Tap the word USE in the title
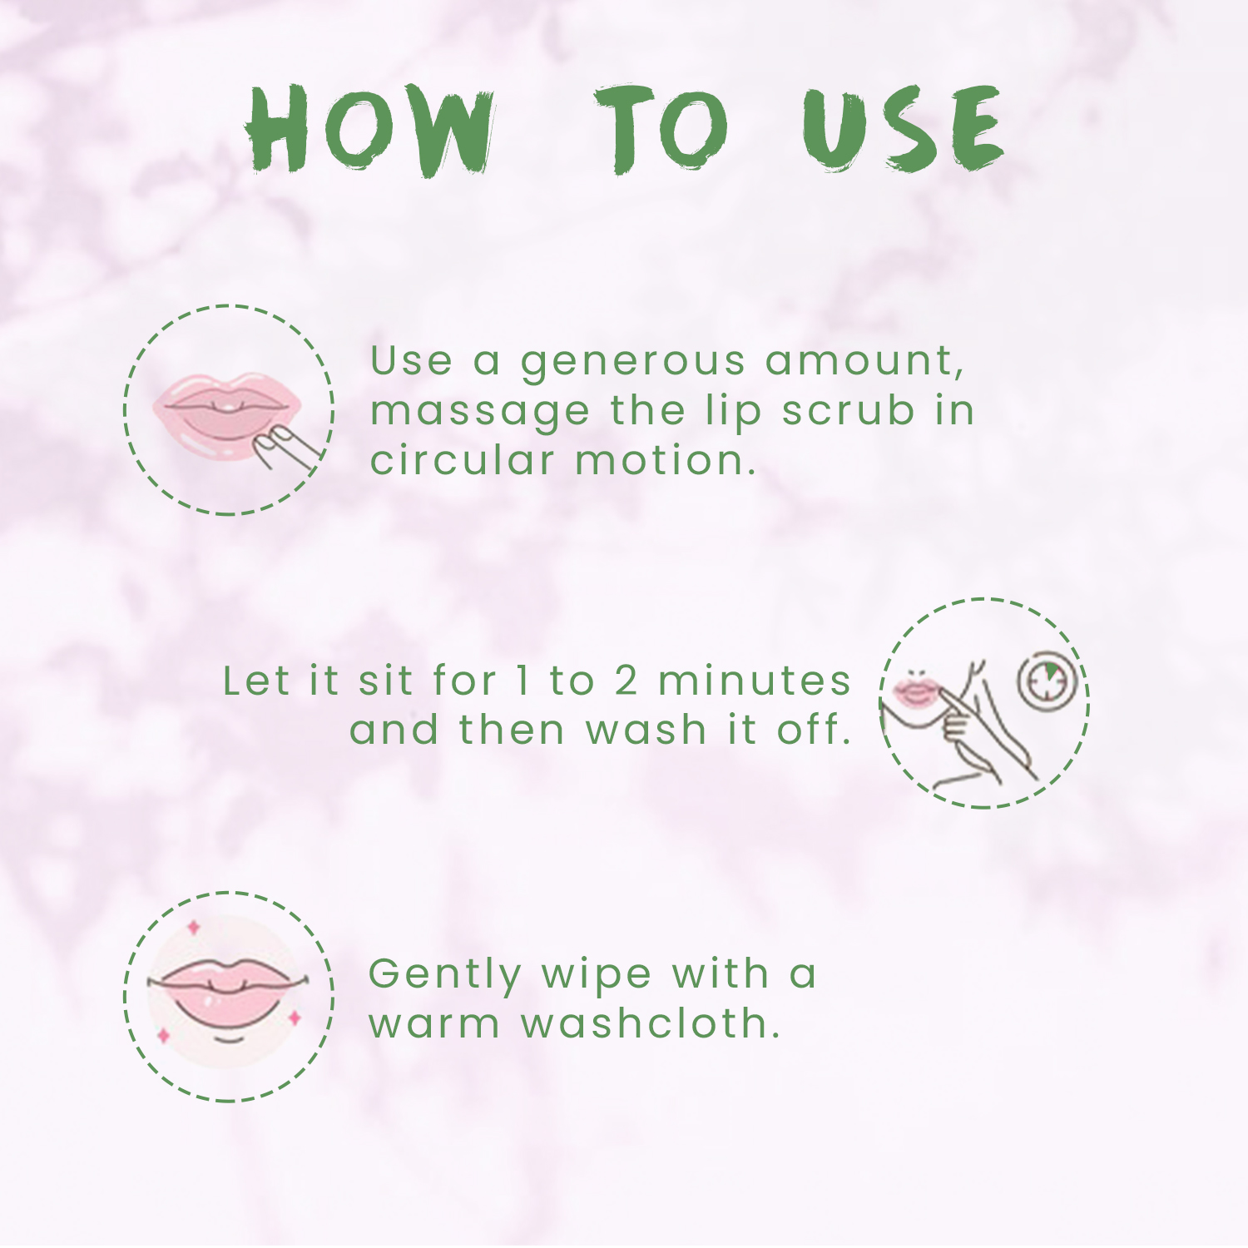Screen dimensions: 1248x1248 coord(904,129)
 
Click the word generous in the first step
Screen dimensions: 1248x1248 coord(633,362)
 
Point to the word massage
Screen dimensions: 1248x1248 coord(481,412)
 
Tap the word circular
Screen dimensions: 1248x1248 coord(463,459)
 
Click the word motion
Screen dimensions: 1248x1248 coord(666,461)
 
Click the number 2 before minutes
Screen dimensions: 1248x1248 coord(626,681)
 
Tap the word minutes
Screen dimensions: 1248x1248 coord(755,681)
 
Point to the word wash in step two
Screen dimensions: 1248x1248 coord(646,730)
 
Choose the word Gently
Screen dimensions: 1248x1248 coord(445,975)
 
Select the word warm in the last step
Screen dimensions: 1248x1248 coord(434,1024)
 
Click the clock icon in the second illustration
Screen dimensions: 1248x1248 coord(1047,681)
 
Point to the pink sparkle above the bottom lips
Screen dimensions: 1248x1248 coord(194,927)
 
